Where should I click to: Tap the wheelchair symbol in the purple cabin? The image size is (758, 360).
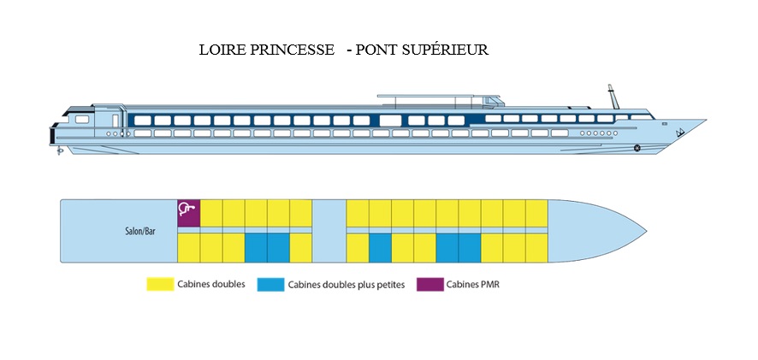click(187, 209)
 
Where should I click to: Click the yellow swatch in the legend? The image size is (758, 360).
click(160, 284)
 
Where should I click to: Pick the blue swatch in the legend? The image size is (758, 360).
click(270, 285)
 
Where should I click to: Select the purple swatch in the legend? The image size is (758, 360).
click(429, 285)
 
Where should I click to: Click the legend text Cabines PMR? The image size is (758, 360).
click(473, 285)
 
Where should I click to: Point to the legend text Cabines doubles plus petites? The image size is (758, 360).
click(346, 285)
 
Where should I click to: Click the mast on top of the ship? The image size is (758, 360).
click(613, 97)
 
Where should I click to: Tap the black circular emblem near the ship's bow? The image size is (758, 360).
click(637, 148)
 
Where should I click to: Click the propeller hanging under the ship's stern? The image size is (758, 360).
click(60, 151)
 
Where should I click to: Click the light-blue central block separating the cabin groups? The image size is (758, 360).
click(329, 231)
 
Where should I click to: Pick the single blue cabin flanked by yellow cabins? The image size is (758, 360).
click(380, 248)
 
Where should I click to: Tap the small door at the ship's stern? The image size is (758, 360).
click(115, 121)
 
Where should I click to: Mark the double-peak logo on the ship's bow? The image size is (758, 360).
click(682, 133)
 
